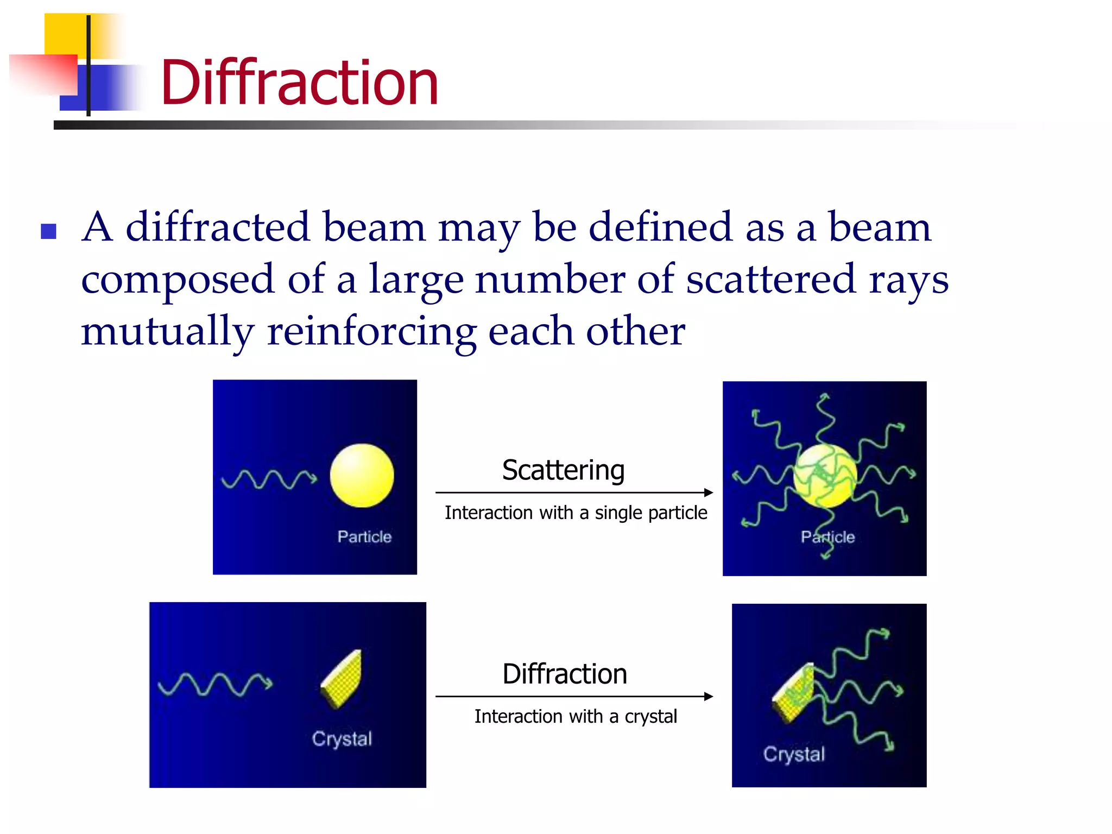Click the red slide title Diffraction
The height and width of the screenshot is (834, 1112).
point(299,83)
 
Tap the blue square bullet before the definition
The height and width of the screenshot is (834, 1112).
point(49,231)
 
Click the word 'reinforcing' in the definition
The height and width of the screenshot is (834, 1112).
point(372,331)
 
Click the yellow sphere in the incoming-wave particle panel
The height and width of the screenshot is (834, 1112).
point(362,476)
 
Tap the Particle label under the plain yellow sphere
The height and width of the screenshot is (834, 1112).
point(364,536)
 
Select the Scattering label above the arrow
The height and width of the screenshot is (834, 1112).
point(563,470)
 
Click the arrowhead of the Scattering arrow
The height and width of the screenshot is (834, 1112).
point(709,492)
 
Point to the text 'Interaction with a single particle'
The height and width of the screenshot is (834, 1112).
point(576,513)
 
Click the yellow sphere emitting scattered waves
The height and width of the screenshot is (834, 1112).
point(824,476)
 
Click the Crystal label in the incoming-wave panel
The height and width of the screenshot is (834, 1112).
point(342,739)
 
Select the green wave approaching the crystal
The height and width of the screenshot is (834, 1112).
point(215,684)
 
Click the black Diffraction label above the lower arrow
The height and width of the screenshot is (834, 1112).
point(565,674)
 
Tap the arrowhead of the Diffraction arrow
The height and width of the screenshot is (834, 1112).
point(709,696)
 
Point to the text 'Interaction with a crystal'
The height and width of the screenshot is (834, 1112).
point(576,717)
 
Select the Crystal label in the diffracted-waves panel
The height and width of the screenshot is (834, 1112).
point(794,754)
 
